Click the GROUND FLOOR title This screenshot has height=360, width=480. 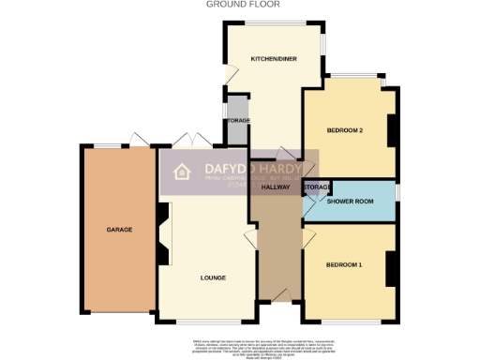click(x=232, y=5)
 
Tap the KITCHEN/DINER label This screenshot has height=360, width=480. click(x=273, y=59)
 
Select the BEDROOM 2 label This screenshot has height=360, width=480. click(x=344, y=129)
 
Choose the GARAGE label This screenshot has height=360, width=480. click(x=118, y=229)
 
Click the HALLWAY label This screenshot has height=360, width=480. click(x=275, y=187)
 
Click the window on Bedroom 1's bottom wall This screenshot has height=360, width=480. click(x=351, y=321)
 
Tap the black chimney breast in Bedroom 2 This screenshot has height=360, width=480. click(x=392, y=130)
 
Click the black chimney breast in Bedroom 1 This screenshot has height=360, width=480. click(x=392, y=267)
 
